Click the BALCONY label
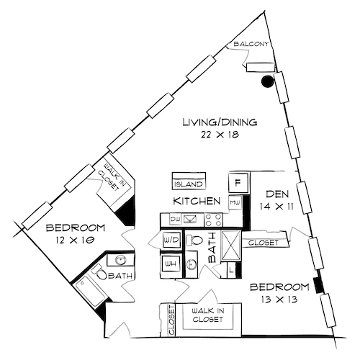click(x=251, y=45)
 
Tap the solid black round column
click(x=268, y=81)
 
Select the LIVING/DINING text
click(x=220, y=121)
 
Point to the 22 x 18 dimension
click(x=220, y=134)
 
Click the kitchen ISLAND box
click(x=189, y=180)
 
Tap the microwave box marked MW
click(x=235, y=203)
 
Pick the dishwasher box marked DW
click(x=175, y=219)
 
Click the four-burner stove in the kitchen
click(x=212, y=219)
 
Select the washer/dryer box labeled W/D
click(x=171, y=239)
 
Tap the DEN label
click(x=277, y=194)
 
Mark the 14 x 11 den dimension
click(x=277, y=206)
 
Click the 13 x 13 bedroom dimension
click(x=279, y=300)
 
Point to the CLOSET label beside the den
click(x=263, y=243)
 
